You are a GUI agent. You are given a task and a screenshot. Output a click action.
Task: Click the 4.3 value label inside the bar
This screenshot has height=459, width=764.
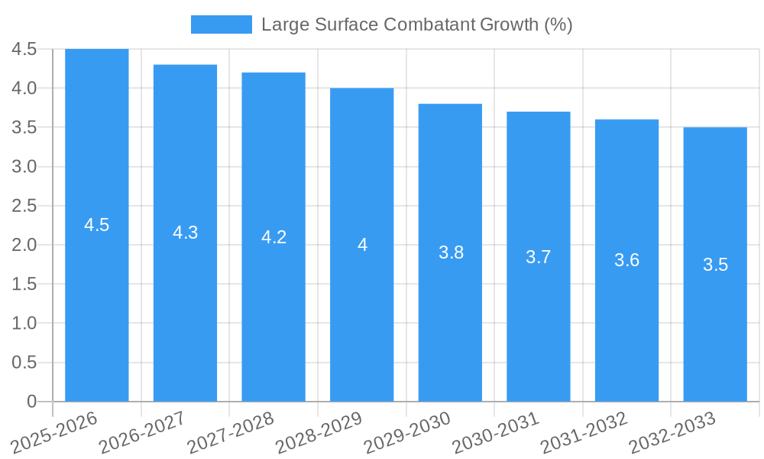[186, 233]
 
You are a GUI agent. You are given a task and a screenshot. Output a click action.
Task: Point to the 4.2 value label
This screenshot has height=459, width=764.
[274, 237]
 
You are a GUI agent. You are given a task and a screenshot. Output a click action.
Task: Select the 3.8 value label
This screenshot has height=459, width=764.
[451, 252]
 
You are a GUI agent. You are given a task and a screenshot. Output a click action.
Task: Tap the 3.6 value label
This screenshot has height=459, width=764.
[626, 260]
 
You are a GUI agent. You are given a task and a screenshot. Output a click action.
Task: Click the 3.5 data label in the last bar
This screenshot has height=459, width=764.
[715, 265]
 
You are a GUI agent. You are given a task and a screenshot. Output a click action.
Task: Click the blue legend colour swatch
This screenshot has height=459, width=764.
[221, 24]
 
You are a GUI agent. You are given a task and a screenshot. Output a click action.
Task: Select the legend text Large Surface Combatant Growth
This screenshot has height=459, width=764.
[416, 24]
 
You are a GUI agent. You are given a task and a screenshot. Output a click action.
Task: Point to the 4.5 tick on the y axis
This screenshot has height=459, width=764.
[24, 49]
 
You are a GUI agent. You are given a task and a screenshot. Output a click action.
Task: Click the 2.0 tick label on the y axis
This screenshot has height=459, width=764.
[24, 245]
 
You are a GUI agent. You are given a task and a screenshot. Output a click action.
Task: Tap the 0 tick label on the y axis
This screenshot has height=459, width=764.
[31, 401]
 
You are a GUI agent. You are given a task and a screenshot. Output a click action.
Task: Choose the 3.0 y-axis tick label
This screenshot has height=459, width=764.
[24, 167]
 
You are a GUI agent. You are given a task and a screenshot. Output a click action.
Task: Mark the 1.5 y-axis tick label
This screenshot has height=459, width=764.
[24, 284]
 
